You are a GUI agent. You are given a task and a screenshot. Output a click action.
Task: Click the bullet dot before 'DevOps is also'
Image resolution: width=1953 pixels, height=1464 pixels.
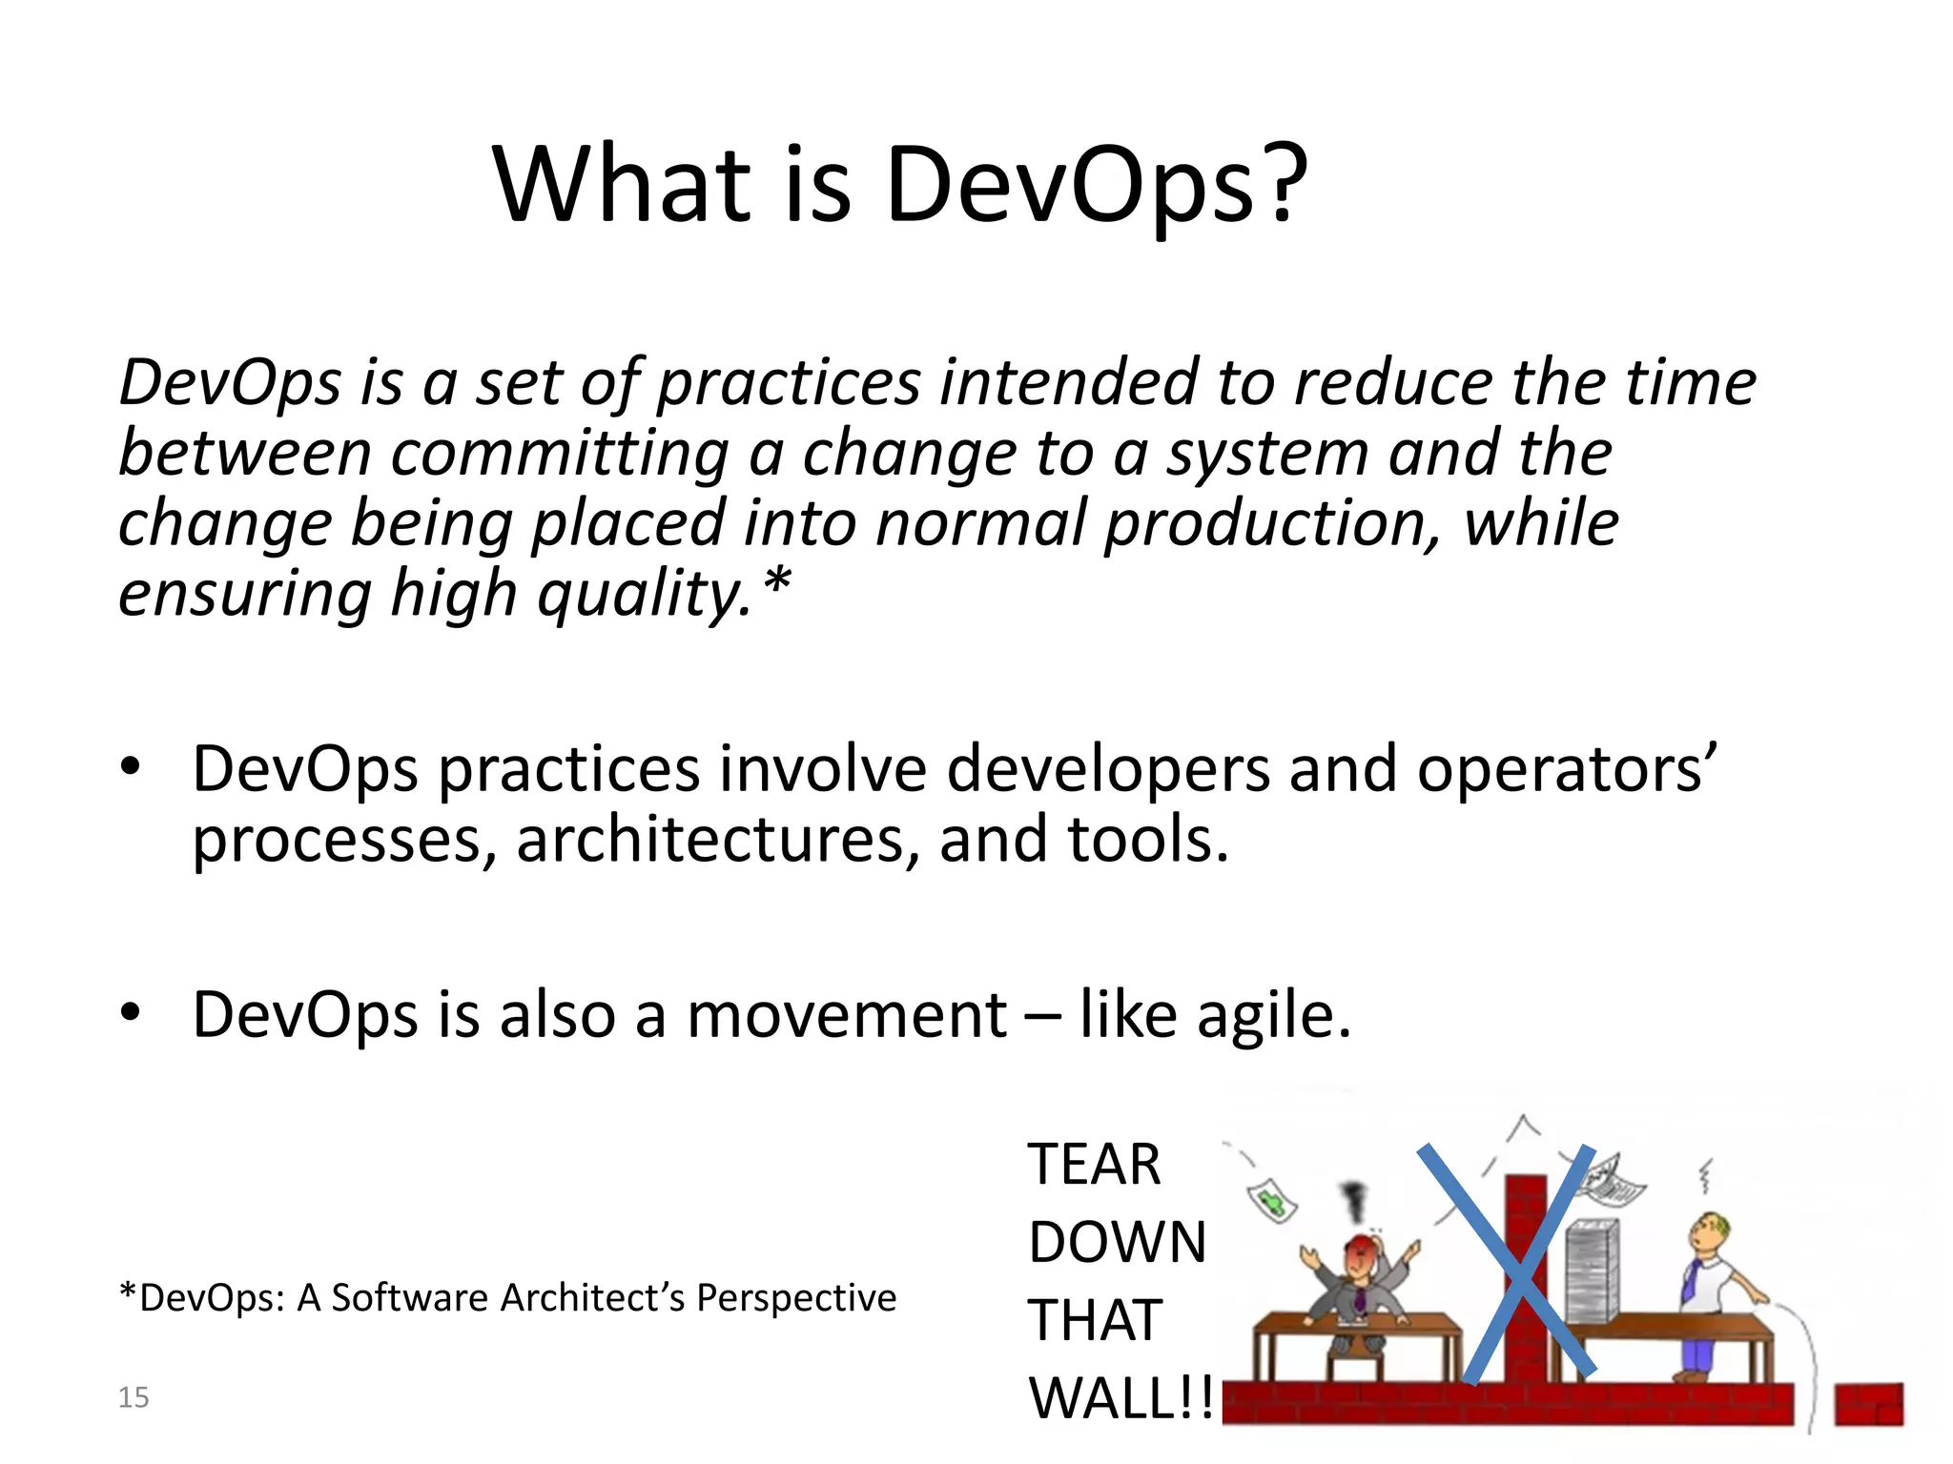tap(131, 1011)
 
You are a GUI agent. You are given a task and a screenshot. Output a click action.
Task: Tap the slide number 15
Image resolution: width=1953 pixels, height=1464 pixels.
tap(134, 1397)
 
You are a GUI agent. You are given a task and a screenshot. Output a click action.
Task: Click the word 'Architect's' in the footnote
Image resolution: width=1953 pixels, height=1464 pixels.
tap(591, 1298)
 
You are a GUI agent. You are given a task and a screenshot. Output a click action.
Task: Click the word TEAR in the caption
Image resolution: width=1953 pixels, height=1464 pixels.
tap(1094, 1165)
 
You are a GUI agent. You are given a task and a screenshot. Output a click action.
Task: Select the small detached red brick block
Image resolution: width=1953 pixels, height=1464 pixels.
tap(1869, 1405)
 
